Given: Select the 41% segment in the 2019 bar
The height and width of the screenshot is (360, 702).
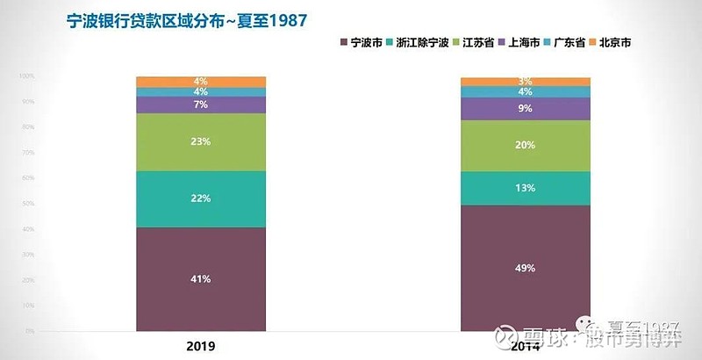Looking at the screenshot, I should [201, 279].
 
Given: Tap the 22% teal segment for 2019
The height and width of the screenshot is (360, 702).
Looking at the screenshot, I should [201, 198].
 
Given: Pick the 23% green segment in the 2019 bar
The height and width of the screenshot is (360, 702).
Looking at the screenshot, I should [201, 141].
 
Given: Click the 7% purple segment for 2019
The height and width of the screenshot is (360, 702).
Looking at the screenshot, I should [201, 104].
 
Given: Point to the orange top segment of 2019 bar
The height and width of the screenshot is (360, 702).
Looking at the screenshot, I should [201, 82].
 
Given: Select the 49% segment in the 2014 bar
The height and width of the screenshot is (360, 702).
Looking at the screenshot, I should [526, 268].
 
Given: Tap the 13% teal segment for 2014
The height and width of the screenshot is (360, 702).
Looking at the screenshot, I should [526, 188].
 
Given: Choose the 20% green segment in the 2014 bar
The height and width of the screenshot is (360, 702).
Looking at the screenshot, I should [526, 146].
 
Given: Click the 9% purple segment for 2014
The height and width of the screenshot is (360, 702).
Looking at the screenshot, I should [526, 109].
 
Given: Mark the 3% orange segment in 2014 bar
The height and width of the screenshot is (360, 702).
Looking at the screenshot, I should [526, 82].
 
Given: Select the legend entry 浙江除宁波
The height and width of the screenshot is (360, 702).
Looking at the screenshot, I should [421, 41].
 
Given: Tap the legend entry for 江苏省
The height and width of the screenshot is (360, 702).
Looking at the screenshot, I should [478, 41].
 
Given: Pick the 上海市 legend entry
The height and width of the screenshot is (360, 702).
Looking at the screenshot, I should [523, 41].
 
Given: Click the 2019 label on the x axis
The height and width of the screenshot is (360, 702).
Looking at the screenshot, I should [201, 346].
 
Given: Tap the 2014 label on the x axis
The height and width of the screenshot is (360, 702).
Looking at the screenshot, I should [526, 346].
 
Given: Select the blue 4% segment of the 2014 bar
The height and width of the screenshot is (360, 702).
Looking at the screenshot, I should [526, 92].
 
